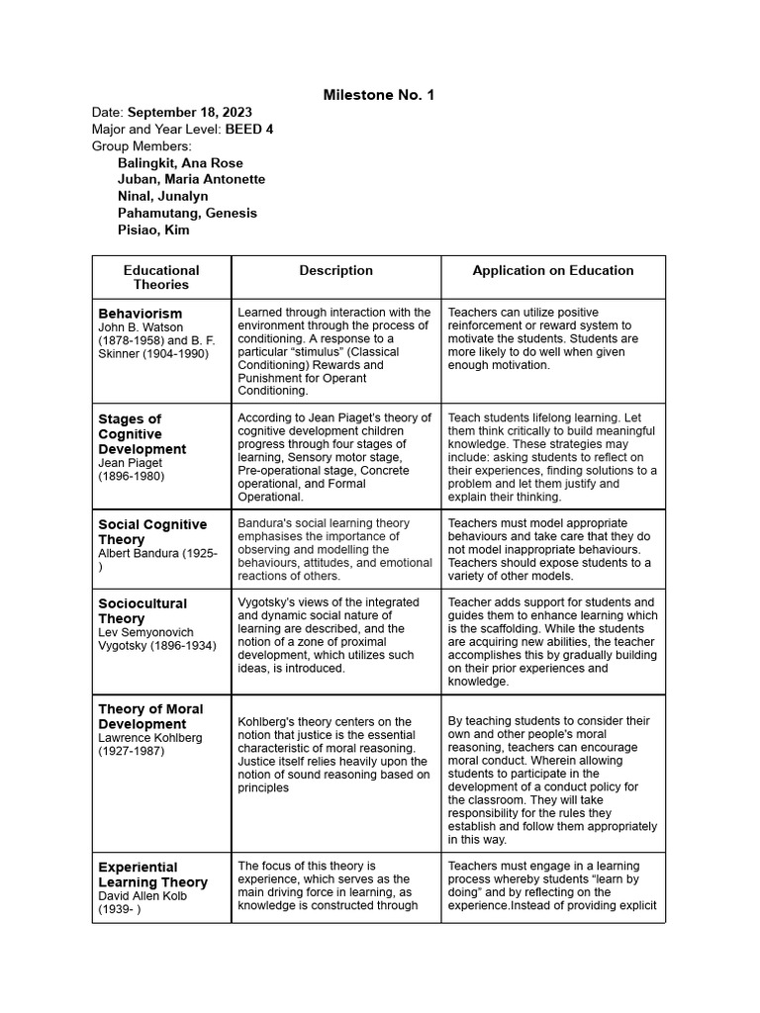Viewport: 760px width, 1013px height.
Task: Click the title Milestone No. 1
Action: coord(379,95)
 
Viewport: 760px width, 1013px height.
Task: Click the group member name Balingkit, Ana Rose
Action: coord(180,163)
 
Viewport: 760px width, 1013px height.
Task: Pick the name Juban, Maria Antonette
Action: coord(191,180)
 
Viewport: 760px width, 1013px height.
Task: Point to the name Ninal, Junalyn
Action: coord(162,197)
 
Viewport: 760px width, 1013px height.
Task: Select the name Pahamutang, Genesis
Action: coord(187,214)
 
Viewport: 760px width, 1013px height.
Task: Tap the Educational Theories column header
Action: coord(161,277)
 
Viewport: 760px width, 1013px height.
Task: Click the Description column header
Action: coord(336,270)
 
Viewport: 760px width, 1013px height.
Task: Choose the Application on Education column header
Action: coord(553,270)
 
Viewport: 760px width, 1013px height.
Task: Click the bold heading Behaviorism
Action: coord(141,314)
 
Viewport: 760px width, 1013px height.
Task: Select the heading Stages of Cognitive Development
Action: coord(142,434)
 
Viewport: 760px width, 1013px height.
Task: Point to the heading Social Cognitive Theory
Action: coord(152,532)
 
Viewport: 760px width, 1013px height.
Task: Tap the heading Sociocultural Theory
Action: coord(142,610)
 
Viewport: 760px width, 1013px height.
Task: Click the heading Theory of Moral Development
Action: coord(150,716)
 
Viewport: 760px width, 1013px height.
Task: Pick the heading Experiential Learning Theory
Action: coord(152,875)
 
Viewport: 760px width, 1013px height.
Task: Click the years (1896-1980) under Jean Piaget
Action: coord(131,476)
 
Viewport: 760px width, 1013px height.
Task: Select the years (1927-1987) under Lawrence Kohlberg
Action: coord(131,751)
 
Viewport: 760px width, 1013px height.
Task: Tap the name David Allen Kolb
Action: coord(142,896)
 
